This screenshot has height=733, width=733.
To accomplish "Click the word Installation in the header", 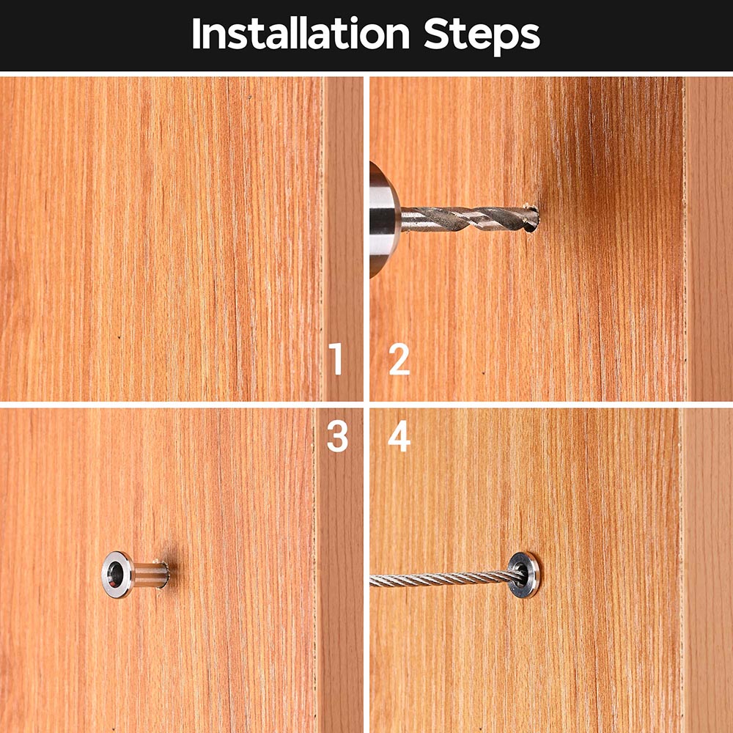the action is tap(301, 33).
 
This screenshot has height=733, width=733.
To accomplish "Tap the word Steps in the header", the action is tap(482, 35).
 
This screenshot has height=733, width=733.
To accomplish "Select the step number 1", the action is tap(336, 358).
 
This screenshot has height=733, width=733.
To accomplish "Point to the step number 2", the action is tap(399, 358).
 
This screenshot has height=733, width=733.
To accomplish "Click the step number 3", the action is tap(337, 436).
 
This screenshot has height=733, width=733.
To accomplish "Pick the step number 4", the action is tap(399, 436).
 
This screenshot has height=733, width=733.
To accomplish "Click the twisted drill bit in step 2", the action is tap(469, 218).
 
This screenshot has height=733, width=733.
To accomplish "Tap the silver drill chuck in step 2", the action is tap(384, 219).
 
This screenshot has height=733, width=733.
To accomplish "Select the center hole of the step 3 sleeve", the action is tap(114, 575).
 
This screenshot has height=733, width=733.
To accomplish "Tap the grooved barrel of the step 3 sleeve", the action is tap(151, 575).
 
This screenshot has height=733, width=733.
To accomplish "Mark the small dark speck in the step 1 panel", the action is tap(119, 337).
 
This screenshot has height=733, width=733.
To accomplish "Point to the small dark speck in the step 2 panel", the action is tap(483, 373).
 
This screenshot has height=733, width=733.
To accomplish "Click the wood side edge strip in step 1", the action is tap(343, 238).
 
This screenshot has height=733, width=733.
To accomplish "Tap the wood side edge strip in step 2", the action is tap(709, 238).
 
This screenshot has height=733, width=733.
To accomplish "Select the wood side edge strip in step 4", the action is tap(707, 570).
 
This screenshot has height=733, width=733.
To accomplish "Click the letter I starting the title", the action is tap(196, 33).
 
